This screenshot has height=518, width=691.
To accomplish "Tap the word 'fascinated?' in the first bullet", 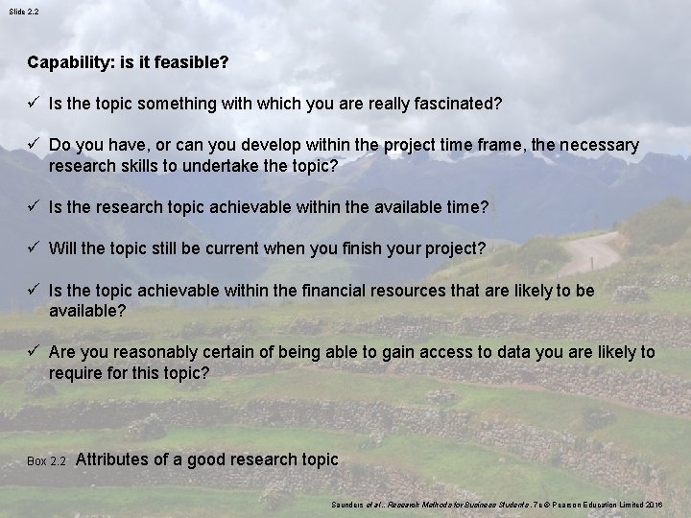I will click(x=459, y=103).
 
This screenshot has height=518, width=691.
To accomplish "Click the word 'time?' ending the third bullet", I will click(x=468, y=207).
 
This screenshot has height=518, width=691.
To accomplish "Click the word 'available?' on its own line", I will click(x=87, y=311).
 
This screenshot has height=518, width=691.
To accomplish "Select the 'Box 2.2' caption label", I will click(x=46, y=461).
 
